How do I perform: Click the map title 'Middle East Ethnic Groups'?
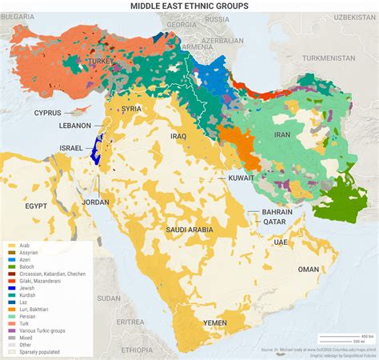(189, 6)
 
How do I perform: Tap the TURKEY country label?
(102, 61)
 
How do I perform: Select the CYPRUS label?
(48, 113)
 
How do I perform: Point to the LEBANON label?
(76, 126)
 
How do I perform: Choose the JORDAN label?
(95, 202)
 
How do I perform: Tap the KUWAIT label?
(241, 177)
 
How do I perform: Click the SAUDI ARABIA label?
(189, 230)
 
